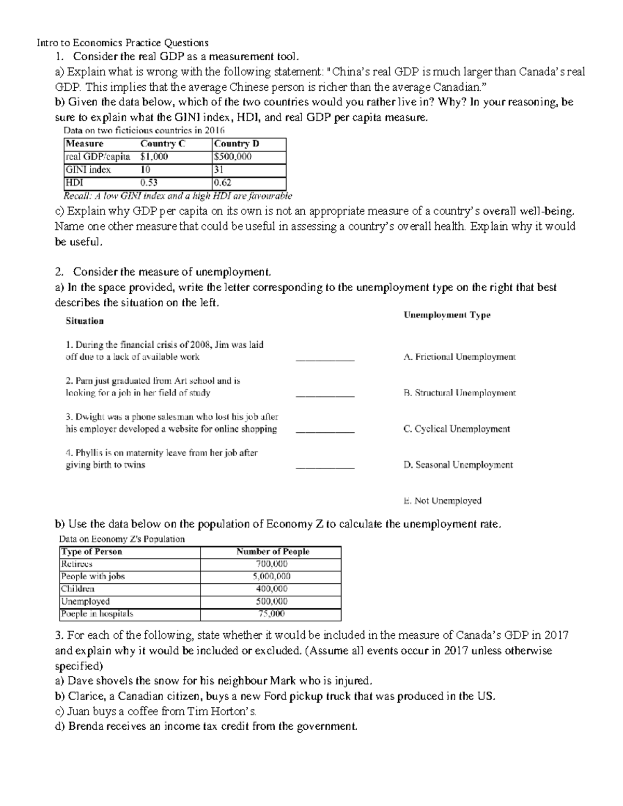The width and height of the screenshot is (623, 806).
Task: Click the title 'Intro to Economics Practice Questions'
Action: [123, 43]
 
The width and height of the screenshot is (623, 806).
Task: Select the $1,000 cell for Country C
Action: [154, 157]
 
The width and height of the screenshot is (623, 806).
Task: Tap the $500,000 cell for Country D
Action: [233, 157]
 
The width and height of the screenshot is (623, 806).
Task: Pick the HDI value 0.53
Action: [149, 183]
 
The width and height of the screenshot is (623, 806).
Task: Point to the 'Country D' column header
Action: [237, 144]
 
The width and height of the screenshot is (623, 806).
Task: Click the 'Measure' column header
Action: [85, 144]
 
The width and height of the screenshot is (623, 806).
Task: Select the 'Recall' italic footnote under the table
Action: [178, 196]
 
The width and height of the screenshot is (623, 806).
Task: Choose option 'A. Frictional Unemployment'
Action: [459, 357]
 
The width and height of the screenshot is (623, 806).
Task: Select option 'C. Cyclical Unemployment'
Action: [456, 429]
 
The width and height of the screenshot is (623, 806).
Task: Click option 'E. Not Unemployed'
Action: [442, 501]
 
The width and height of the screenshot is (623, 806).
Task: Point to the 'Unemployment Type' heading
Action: [446, 315]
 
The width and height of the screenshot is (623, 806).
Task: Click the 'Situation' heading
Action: [85, 321]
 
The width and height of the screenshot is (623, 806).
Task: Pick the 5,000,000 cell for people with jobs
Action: [272, 577]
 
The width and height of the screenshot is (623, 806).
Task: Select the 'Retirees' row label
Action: [77, 564]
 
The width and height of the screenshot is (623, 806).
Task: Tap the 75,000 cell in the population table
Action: [272, 614]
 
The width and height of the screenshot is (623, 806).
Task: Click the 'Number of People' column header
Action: [273, 552]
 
